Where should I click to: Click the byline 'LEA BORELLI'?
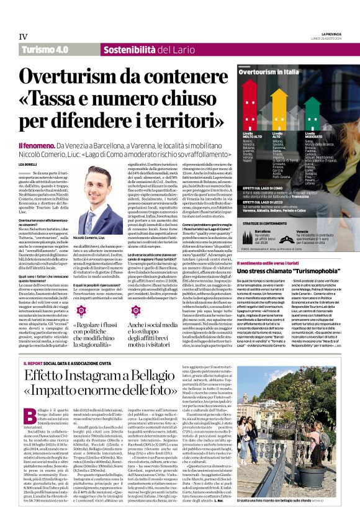tap(28, 146)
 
